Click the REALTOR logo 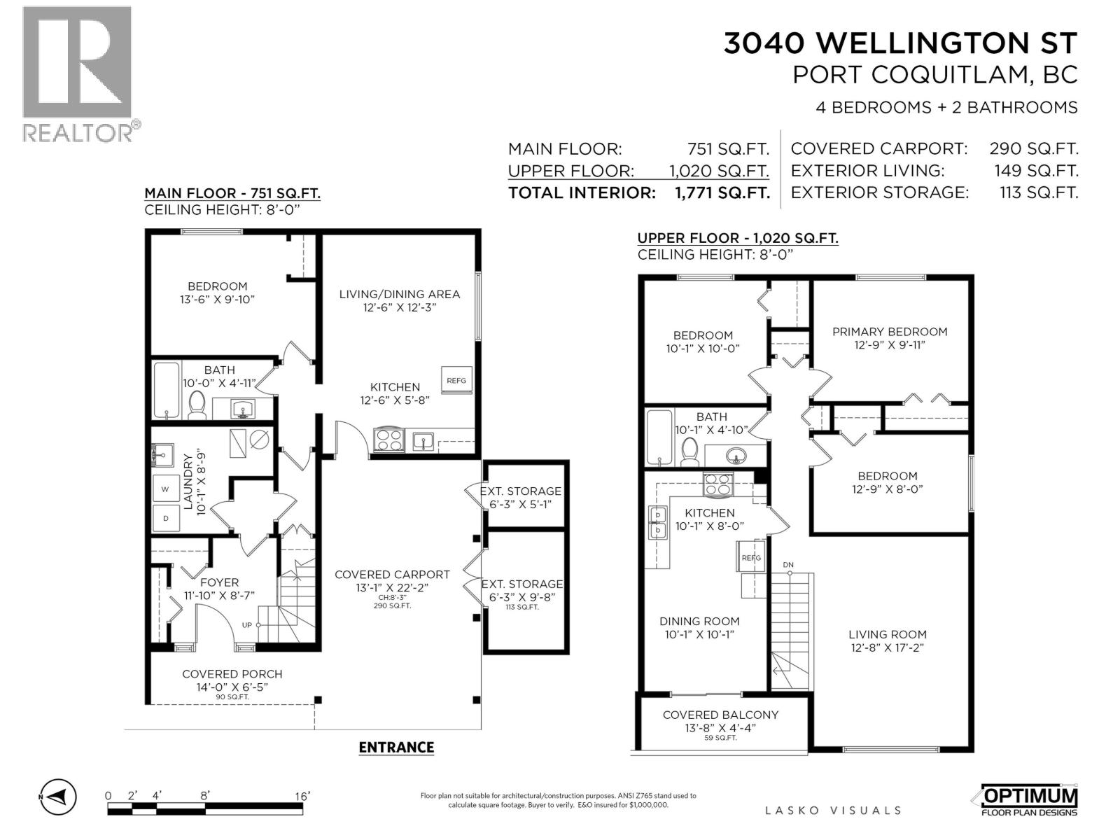tap(82, 75)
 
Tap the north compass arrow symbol tap(59, 796)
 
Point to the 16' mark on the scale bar tap(302, 796)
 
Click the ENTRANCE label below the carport tap(396, 747)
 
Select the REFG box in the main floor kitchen tap(456, 380)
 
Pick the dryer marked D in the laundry tap(166, 518)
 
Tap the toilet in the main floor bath tap(197, 405)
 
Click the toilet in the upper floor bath tap(690, 451)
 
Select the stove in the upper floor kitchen tap(718, 484)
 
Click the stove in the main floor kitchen tap(389, 440)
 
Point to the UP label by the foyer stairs tap(247, 625)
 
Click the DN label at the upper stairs tap(788, 565)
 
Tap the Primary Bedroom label tap(890, 332)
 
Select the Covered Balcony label tap(720, 715)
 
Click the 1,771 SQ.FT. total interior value tap(722, 192)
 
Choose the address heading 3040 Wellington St tap(901, 43)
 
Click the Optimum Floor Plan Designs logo tap(1028, 800)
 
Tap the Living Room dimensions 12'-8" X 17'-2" tap(888, 647)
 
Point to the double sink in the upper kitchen tap(658, 522)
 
